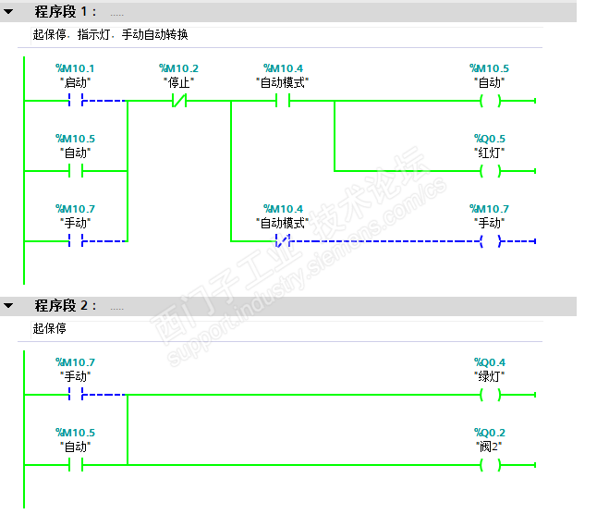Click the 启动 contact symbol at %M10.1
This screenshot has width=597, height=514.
pyautogui.click(x=76, y=101)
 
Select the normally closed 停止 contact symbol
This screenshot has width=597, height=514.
pyautogui.click(x=179, y=101)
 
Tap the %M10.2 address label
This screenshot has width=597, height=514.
pyautogui.click(x=179, y=68)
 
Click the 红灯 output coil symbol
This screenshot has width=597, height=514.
pyautogui.click(x=490, y=171)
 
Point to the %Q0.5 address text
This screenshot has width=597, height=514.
pyautogui.click(x=490, y=139)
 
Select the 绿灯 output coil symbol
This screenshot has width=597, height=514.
pyautogui.click(x=490, y=395)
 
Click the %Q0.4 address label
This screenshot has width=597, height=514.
pyautogui.click(x=490, y=362)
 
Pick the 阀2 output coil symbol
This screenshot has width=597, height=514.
pyautogui.click(x=490, y=464)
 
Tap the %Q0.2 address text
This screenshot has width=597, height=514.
pyautogui.click(x=490, y=432)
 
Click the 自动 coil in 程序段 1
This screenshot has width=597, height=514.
pyautogui.click(x=490, y=101)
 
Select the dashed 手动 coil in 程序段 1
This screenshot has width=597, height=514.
pyautogui.click(x=490, y=241)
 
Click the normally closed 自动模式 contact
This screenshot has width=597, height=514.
pyautogui.click(x=283, y=241)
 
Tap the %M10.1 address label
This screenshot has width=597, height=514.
pyautogui.click(x=76, y=68)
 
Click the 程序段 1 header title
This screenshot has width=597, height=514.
pyautogui.click(x=66, y=12)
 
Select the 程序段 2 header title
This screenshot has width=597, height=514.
pyautogui.click(x=66, y=306)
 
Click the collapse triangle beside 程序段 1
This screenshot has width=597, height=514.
pyautogui.click(x=9, y=12)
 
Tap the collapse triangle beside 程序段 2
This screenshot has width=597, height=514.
pyautogui.click(x=9, y=306)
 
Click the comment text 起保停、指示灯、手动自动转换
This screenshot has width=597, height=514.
pyautogui.click(x=110, y=34)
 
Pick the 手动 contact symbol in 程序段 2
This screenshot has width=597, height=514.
pyautogui.click(x=76, y=395)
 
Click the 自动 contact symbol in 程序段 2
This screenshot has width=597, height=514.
pyautogui.click(x=76, y=464)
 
